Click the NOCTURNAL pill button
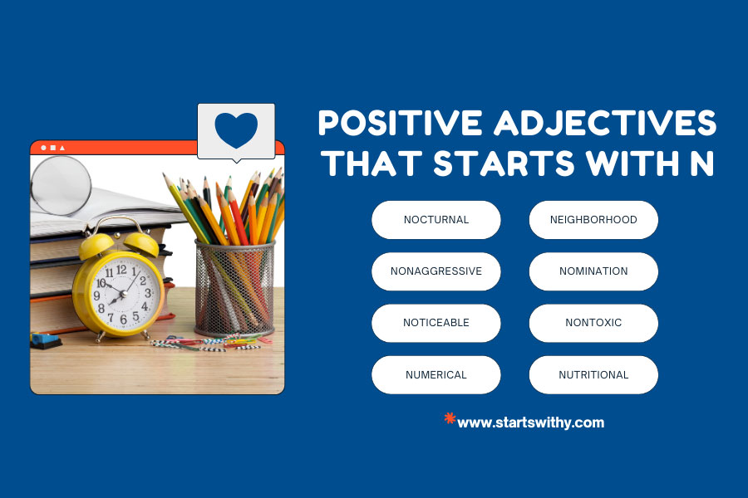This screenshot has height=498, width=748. pos(436,220)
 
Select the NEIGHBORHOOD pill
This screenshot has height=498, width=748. pos(593,220)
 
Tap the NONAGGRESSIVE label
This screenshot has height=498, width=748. pos(436,271)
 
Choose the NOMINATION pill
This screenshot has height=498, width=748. pos(593,271)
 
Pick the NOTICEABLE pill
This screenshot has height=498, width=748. pos(436,323)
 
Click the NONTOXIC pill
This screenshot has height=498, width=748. pos(593,323)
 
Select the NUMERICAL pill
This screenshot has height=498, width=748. pos(436,374)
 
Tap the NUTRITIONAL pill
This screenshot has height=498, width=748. pos(593,374)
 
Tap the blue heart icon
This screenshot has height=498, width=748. pos(236,129)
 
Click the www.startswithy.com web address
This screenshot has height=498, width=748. pos(530,422)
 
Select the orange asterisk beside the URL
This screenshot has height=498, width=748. pos(450,418)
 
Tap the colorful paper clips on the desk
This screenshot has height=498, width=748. pos(212,341)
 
